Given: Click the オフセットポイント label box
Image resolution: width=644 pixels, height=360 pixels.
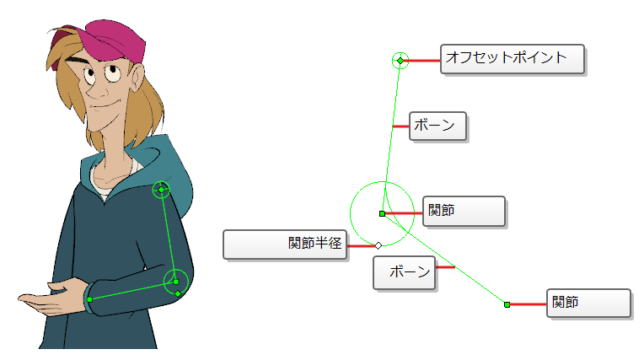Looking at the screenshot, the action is [513, 59].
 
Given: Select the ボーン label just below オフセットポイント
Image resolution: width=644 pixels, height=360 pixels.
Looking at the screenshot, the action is [437, 126].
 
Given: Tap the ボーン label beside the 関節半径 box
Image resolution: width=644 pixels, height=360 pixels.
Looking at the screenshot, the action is [404, 273].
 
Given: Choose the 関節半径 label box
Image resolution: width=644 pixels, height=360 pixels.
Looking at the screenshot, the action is [285, 245].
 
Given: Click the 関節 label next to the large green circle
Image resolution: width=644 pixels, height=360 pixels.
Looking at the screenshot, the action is [464, 212].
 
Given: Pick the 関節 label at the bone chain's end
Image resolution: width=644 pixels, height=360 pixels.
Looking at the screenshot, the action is [588, 304].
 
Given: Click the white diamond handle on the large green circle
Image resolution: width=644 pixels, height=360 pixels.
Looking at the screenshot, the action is [378, 245].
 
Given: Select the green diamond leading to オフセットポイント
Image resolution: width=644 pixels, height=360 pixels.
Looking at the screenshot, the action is [400, 61].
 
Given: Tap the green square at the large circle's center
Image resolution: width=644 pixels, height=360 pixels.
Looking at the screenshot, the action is [382, 213].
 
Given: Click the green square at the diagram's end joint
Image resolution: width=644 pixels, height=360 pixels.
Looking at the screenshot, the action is [507, 304].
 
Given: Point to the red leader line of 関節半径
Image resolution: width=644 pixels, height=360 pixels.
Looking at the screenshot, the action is [362, 246].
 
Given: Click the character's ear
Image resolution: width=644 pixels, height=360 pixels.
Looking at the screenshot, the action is [137, 79].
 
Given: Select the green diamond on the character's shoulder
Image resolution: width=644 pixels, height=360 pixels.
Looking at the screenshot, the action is [161, 190].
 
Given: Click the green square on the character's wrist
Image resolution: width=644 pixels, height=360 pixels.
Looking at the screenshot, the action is [89, 299].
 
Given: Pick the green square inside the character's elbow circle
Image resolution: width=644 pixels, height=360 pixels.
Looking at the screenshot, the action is [176, 282].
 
